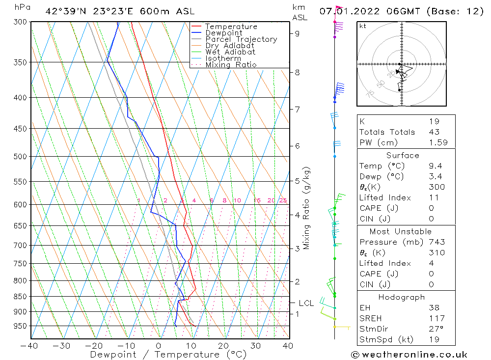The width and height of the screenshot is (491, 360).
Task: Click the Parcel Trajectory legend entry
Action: (x=241, y=39)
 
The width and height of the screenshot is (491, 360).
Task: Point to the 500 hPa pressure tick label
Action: (x=20, y=157)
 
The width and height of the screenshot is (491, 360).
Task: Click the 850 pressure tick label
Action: (x=20, y=297)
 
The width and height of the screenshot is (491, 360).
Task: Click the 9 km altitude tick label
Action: (x=298, y=33)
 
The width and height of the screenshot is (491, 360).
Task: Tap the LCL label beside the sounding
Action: (x=306, y=304)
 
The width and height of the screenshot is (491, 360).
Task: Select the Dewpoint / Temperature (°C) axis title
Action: (x=168, y=355)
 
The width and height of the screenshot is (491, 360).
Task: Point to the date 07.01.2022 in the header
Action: (x=344, y=11)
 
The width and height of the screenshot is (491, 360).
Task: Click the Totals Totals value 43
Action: (x=434, y=132)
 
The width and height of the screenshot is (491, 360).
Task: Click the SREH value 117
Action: (x=436, y=318)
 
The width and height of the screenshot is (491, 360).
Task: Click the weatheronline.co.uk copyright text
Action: (x=409, y=355)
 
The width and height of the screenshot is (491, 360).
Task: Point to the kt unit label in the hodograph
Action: (x=363, y=26)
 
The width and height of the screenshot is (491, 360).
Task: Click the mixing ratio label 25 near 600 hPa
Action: (x=283, y=200)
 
